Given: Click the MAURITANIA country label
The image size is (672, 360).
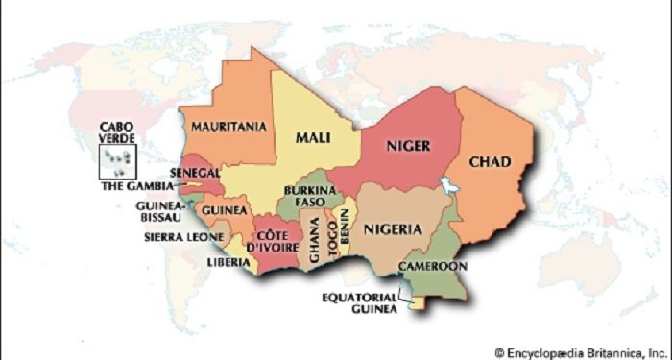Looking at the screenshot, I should pyautogui.click(x=228, y=126).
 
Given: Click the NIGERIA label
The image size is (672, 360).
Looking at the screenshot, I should pyautogui.click(x=392, y=228).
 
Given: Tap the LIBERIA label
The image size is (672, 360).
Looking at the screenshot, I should pyautogui.click(x=229, y=261).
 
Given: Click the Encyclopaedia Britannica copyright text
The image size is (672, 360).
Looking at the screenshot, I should pyautogui.click(x=580, y=351).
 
